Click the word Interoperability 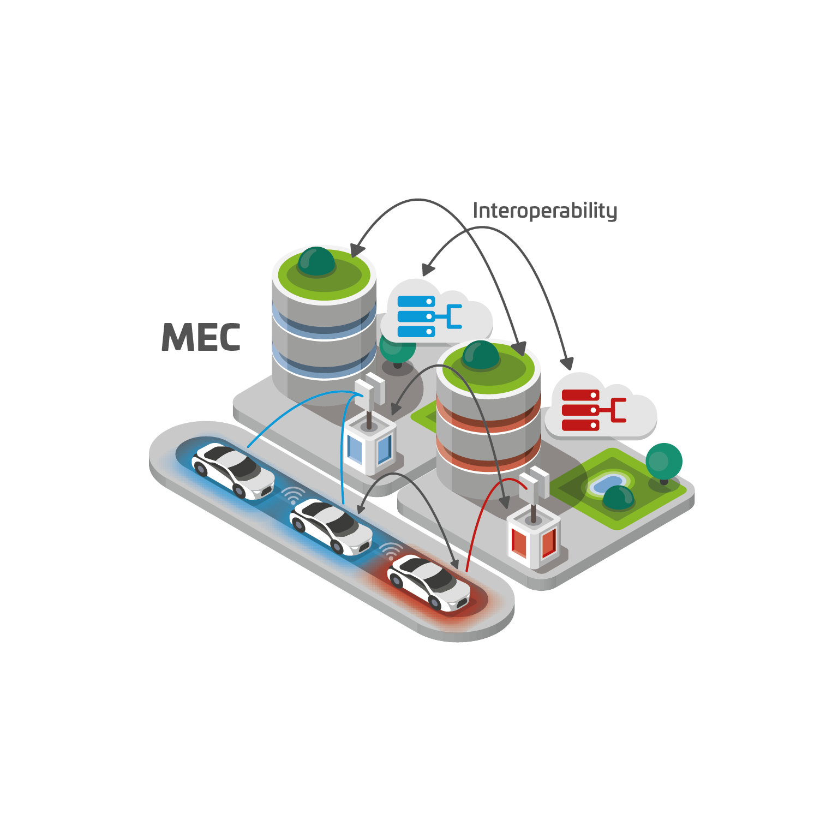[x=544, y=211]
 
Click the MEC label [x=201, y=338]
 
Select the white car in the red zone [x=429, y=582]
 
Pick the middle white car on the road [x=331, y=526]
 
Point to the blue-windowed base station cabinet [x=370, y=445]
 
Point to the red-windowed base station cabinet [x=534, y=540]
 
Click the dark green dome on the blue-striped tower [x=316, y=261]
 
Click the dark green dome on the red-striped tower [x=481, y=355]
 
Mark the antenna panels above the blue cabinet [x=370, y=388]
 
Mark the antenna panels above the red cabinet [x=534, y=481]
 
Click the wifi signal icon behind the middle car [x=293, y=495]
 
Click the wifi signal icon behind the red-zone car [x=391, y=551]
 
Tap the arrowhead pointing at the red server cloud [x=568, y=363]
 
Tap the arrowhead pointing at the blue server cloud [x=428, y=270]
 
